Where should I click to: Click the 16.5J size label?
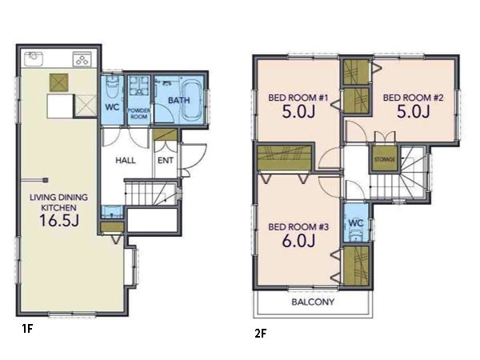[x=59, y=220]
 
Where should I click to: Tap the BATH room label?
[x=179, y=100]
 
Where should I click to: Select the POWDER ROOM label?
[x=138, y=114]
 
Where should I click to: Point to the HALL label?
[x=126, y=160]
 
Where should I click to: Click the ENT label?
[x=166, y=160]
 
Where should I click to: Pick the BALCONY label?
[x=313, y=302]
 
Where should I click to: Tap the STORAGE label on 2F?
[x=385, y=159]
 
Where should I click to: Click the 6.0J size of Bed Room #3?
[x=298, y=241]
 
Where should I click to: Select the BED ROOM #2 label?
[x=413, y=98]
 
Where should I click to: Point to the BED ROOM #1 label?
[x=298, y=98]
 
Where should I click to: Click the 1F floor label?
[x=27, y=329]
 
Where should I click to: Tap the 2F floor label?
[x=260, y=334]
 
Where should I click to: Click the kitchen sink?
[x=34, y=58]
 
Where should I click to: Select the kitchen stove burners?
[x=82, y=58]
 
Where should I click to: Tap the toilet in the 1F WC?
[x=111, y=87]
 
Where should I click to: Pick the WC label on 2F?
[x=355, y=223]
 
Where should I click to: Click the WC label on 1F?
[x=112, y=107]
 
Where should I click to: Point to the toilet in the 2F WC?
[x=356, y=236]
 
